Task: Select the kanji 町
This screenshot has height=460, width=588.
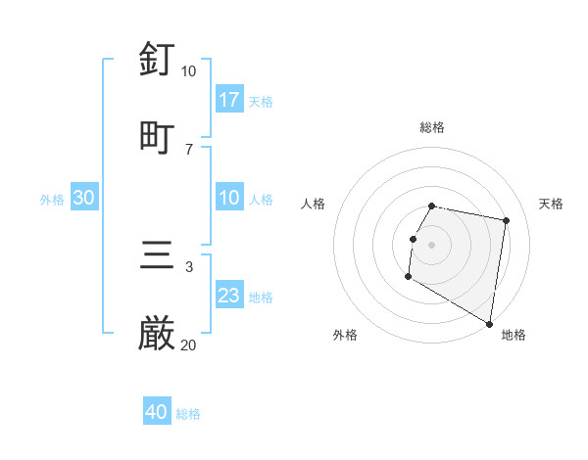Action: click(x=158, y=135)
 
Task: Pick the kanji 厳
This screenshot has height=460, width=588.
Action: click(x=158, y=334)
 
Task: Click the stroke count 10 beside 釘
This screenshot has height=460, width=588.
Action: click(x=188, y=71)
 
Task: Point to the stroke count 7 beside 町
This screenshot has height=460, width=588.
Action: click(x=188, y=149)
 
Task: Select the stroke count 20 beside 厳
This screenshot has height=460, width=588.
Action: click(x=188, y=345)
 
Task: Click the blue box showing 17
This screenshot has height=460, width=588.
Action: click(x=228, y=99)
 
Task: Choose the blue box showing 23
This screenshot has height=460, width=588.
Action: click(x=228, y=295)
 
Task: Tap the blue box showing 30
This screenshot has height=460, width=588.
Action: click(x=84, y=197)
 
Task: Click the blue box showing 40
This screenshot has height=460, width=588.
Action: click(x=157, y=412)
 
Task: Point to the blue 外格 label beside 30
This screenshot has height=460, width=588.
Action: click(x=52, y=199)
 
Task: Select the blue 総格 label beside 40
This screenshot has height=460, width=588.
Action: click(x=188, y=414)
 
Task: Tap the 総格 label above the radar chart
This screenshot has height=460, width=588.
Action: click(x=432, y=127)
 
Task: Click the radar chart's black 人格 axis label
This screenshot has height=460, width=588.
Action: click(x=314, y=204)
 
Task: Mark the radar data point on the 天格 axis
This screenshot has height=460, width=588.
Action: click(x=506, y=221)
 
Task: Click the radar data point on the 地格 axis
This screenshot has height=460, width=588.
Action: click(x=490, y=324)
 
